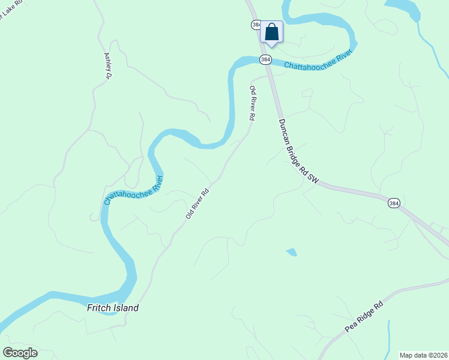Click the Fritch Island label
(113, 308)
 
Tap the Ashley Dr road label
(108, 65)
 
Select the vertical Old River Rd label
(253, 103)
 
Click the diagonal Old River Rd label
(197, 203)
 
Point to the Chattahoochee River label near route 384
(317, 59)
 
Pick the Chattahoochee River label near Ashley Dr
(133, 190)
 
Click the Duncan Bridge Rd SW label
(297, 150)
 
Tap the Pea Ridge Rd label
(364, 317)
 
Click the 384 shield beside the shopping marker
(256, 25)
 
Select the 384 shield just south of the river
(266, 59)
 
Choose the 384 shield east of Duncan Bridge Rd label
(393, 203)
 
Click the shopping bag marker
(271, 32)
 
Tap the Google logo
(20, 352)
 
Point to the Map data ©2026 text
(423, 355)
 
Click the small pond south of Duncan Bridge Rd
(292, 252)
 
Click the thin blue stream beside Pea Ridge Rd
(389, 339)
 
